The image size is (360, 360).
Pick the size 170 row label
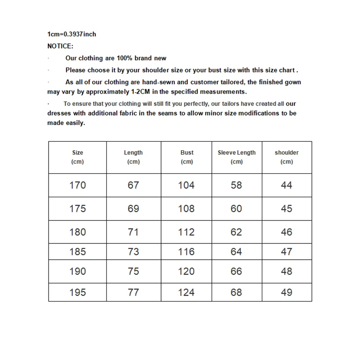(77, 185)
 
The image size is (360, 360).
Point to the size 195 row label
(77, 292)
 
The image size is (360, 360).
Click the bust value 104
(186, 185)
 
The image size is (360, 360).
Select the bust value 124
(186, 292)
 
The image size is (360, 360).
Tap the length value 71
(133, 232)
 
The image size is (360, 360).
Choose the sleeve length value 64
(236, 252)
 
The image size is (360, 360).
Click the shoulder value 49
(287, 292)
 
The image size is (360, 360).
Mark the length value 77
(133, 292)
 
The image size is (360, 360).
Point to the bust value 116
(186, 252)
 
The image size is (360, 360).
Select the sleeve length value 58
(236, 185)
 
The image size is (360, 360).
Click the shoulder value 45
(287, 209)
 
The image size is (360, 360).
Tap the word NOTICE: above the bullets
(60, 46)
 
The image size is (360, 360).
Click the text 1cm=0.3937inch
(72, 34)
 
